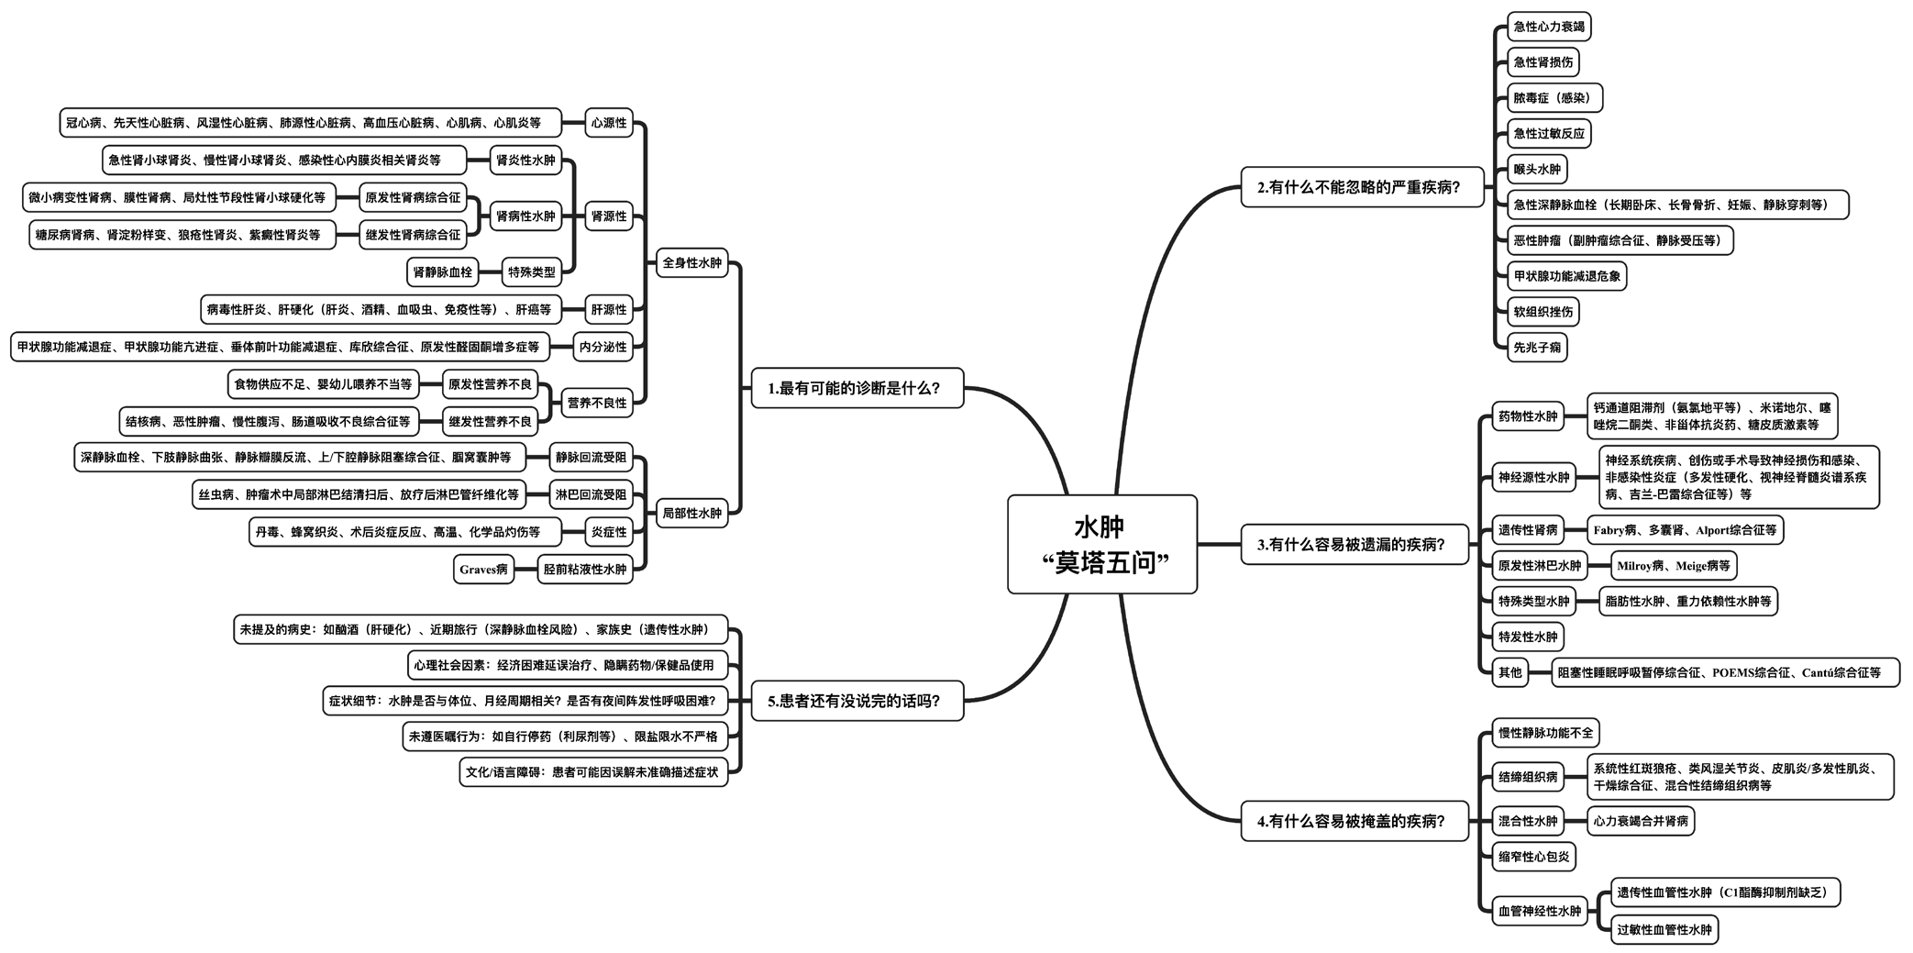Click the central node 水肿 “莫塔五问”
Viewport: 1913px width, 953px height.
[1101, 544]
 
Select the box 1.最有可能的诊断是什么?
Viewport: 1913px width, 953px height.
[857, 388]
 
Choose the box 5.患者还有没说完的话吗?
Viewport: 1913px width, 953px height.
[857, 702]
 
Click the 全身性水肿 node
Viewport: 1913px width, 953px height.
[691, 263]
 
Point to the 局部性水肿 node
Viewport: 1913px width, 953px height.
[691, 514]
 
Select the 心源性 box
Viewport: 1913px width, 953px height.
[609, 123]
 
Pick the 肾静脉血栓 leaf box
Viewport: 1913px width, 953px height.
[443, 272]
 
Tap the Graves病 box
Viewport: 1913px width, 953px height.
[483, 570]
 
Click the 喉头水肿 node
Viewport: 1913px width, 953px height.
[1537, 170]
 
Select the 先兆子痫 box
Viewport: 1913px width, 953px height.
[1537, 348]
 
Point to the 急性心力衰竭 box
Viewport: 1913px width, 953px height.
[1549, 27]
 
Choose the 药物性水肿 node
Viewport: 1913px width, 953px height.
[1528, 416]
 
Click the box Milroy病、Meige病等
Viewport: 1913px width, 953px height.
[1674, 566]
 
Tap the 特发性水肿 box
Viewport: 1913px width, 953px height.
[1528, 637]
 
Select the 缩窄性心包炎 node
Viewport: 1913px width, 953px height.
[1534, 857]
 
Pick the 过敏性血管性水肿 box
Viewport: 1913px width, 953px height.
[1664, 930]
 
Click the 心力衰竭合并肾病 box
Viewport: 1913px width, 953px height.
[1641, 821]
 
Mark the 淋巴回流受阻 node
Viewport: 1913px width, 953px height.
[591, 495]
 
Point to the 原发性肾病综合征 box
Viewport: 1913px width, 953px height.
[413, 197]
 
